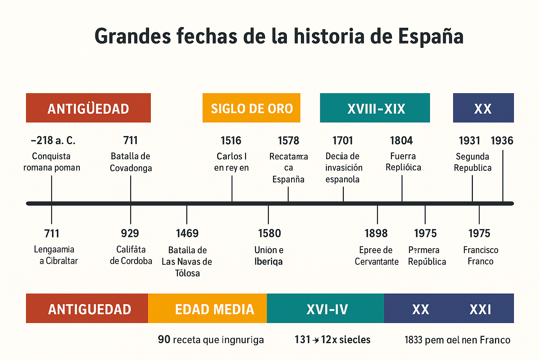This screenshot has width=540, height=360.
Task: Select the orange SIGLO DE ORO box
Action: pyautogui.click(x=251, y=108)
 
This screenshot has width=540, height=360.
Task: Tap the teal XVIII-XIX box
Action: pyautogui.click(x=375, y=108)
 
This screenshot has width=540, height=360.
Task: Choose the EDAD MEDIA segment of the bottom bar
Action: pyautogui.click(x=214, y=309)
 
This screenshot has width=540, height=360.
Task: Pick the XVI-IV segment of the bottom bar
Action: pyautogui.click(x=327, y=309)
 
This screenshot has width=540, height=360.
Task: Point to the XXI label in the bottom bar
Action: pyautogui.click(x=480, y=309)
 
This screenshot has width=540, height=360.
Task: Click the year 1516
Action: pyautogui.click(x=231, y=141)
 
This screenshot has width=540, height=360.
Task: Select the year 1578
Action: pyautogui.click(x=288, y=141)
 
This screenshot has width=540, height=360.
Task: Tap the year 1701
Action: pyautogui.click(x=342, y=141)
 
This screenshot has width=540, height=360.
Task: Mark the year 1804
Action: pyautogui.click(x=401, y=141)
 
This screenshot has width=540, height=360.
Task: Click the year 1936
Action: pyautogui.click(x=502, y=141)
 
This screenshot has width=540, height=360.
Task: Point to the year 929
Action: pyautogui.click(x=130, y=233)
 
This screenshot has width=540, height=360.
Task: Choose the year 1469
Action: pyautogui.click(x=187, y=233)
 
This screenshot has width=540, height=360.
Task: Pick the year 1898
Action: pyautogui.click(x=376, y=233)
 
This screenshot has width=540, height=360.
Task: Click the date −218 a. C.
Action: pyautogui.click(x=53, y=141)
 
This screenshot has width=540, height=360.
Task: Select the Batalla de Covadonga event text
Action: pyautogui.click(x=131, y=162)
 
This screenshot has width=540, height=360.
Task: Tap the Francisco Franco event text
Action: pyautogui.click(x=481, y=256)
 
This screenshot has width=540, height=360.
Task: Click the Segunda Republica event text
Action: pyautogui.click(x=472, y=162)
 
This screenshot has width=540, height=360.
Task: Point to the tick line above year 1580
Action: pyautogui.click(x=268, y=214)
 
